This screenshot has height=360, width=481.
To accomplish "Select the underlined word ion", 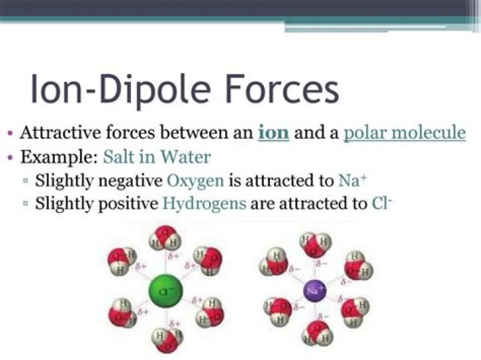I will tap(273, 132).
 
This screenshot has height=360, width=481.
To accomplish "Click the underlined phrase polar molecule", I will tap(404, 132).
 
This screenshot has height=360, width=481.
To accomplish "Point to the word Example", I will tap(58, 158).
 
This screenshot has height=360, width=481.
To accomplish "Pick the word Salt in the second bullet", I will tap(120, 158).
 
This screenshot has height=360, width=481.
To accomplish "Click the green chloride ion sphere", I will tap(166, 292).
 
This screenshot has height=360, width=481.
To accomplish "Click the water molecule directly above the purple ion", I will tap(316, 245).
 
